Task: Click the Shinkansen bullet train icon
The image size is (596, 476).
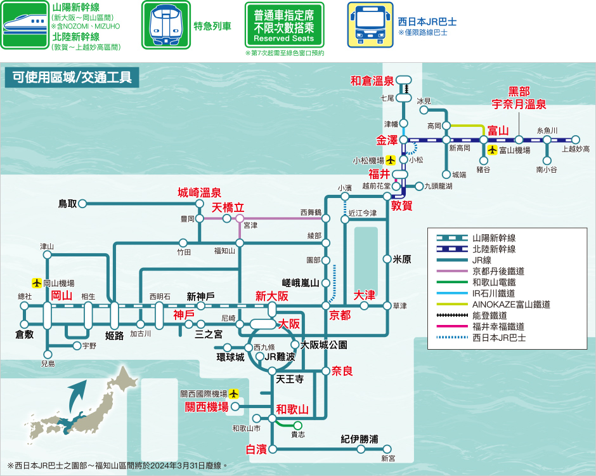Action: (x=25, y=25)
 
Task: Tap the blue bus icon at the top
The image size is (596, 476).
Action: (x=370, y=25)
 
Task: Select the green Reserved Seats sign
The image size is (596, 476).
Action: (x=284, y=25)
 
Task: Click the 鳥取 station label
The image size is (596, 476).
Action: (x=68, y=204)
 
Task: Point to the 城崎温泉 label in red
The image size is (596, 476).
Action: (x=199, y=192)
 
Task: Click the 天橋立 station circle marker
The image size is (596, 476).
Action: (x=240, y=218)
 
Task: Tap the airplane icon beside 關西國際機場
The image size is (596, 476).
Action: (x=233, y=393)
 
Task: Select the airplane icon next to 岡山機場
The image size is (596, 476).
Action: (x=37, y=283)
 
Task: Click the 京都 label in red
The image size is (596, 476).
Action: (x=340, y=315)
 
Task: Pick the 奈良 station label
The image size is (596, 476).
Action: (x=342, y=371)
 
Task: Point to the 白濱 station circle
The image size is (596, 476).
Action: (x=273, y=449)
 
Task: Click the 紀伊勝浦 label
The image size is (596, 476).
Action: (x=360, y=439)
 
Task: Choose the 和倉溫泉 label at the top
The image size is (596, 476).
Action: (x=372, y=81)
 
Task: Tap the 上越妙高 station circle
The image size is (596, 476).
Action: (x=576, y=140)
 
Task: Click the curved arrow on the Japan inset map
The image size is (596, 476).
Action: (x=77, y=396)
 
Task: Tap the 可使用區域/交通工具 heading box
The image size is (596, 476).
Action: (x=72, y=77)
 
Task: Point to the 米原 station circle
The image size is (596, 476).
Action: (x=387, y=260)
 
